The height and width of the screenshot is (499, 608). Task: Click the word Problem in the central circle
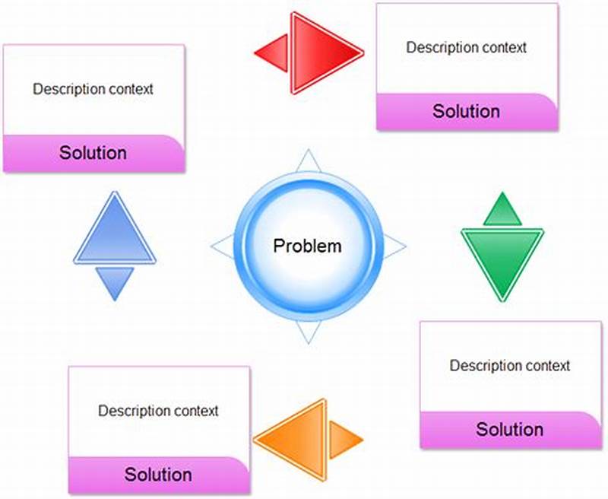tap(308, 246)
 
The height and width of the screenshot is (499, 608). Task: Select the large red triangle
tap(321, 53)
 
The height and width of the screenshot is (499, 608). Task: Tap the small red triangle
tap(274, 53)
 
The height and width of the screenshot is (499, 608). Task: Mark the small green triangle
tap(502, 211)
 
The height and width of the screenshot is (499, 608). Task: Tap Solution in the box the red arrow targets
tap(467, 111)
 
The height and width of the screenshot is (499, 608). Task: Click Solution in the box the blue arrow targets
tap(93, 153)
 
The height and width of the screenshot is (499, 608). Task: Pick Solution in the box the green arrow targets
tap(510, 430)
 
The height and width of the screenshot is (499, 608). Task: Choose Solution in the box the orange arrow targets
tap(158, 475)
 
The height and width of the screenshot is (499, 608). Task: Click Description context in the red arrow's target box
tap(467, 47)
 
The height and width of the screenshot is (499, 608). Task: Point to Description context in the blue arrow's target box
tap(93, 89)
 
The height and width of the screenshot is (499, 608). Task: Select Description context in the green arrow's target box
tap(510, 366)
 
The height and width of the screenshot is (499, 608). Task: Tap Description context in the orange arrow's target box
tap(158, 412)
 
